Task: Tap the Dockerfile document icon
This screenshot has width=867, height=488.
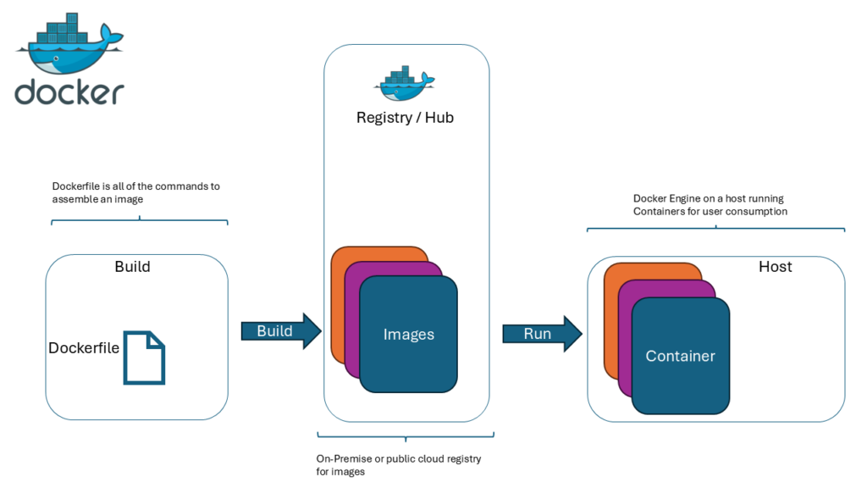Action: coord(144,358)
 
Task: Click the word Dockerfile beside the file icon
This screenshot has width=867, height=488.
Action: coord(84,348)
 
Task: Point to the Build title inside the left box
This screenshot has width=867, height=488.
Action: coord(132,267)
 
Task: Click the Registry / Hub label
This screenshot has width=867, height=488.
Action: coord(405,118)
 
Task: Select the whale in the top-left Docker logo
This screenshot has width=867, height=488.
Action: coord(68,47)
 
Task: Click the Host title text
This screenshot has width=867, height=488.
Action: coord(775,267)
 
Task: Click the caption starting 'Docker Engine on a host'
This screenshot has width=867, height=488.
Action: coord(710,205)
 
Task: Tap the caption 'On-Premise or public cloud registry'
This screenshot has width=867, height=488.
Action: coord(398,465)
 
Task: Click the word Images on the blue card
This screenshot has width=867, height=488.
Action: coord(408,335)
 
